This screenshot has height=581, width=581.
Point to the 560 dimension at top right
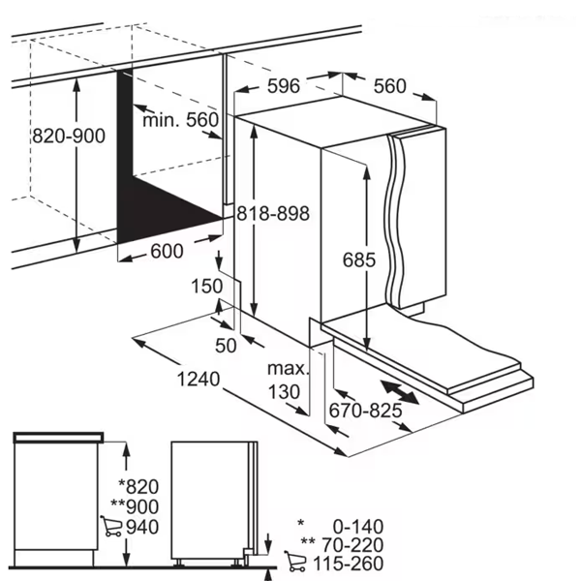coord(389,86)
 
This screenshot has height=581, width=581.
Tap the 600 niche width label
coord(167,252)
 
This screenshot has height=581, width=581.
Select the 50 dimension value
coord(226,345)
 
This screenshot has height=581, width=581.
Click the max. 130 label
coord(288,380)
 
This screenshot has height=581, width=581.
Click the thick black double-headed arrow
coord(398,394)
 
